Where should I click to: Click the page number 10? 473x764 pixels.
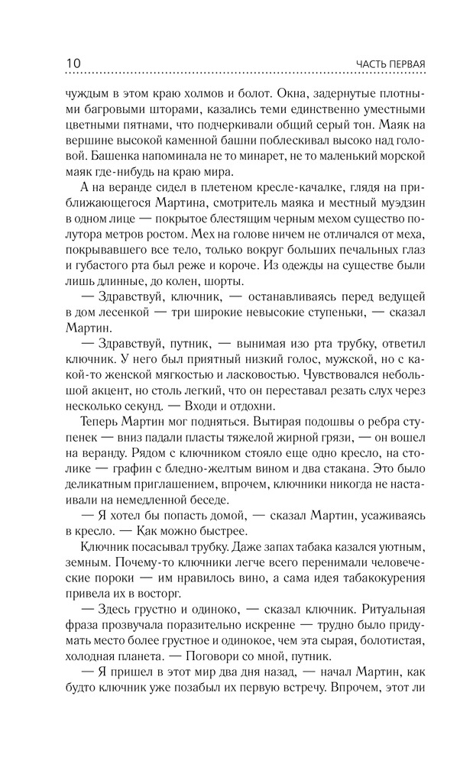[57, 63]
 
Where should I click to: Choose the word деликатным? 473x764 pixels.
[92, 487]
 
